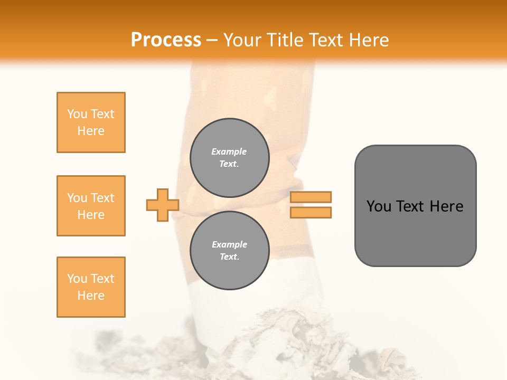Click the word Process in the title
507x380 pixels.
coord(166,40)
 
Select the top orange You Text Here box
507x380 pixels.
coord(91,122)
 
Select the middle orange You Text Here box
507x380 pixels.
coord(91,206)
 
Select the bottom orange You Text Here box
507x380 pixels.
coord(91,287)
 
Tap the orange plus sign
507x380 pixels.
coord(163,205)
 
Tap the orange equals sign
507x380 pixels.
coord(311,205)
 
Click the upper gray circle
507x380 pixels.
coord(229,158)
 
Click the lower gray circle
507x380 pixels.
coord(229,251)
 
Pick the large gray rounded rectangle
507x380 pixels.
coord(415,206)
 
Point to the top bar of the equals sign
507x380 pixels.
coord(311,197)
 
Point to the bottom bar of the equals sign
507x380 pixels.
coord(311,212)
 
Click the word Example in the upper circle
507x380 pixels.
coord(229,151)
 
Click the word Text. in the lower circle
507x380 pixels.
coord(229,257)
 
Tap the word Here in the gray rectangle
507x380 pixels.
coord(446,206)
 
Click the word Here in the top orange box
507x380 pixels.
coord(91,131)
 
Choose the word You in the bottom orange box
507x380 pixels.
coord(77,279)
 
